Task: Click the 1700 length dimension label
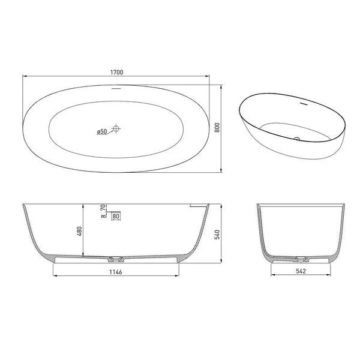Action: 117,72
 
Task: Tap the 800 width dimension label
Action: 217,128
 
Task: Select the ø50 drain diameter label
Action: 102,131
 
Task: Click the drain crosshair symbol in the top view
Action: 116,128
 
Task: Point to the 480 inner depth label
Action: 79,231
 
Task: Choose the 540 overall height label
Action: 217,235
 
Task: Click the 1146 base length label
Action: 116,272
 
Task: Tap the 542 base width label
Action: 301,271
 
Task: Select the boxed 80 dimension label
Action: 116,216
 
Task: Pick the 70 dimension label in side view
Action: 103,208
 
